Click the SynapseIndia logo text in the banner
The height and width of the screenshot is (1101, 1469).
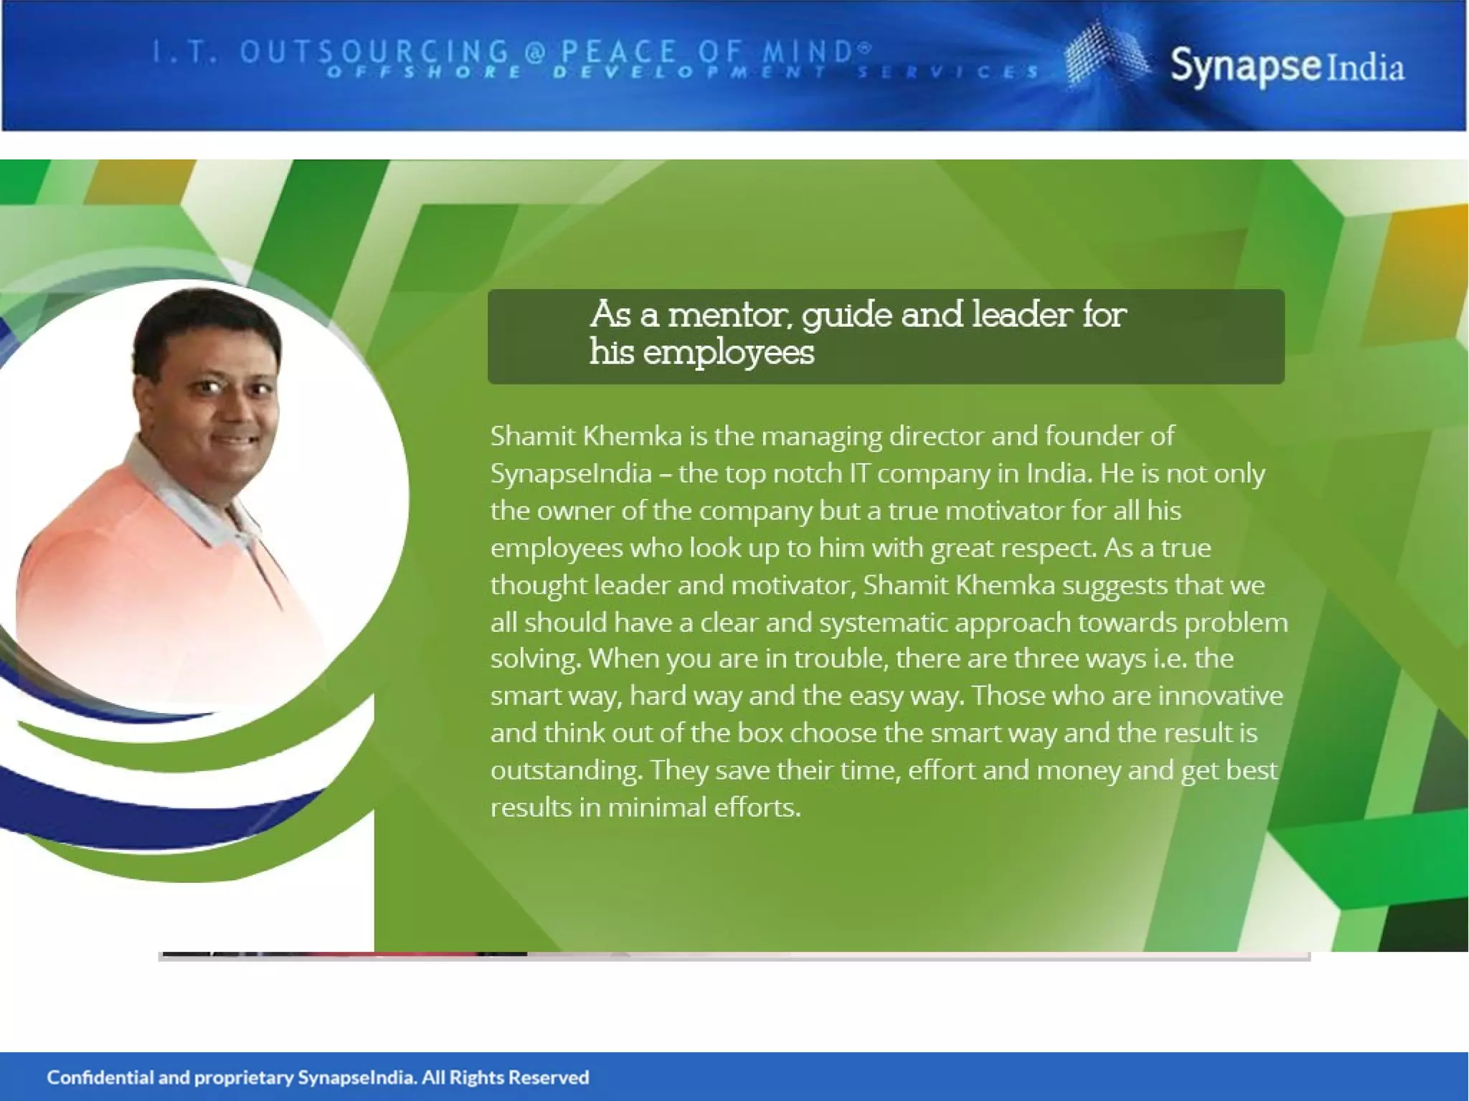1287,67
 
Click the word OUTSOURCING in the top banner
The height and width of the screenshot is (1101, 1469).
374,52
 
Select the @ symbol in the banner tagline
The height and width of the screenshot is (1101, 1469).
535,52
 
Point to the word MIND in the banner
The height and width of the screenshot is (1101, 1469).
806,52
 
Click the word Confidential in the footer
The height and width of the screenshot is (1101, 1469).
100,1077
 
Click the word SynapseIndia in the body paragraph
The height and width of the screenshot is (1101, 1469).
571,473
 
